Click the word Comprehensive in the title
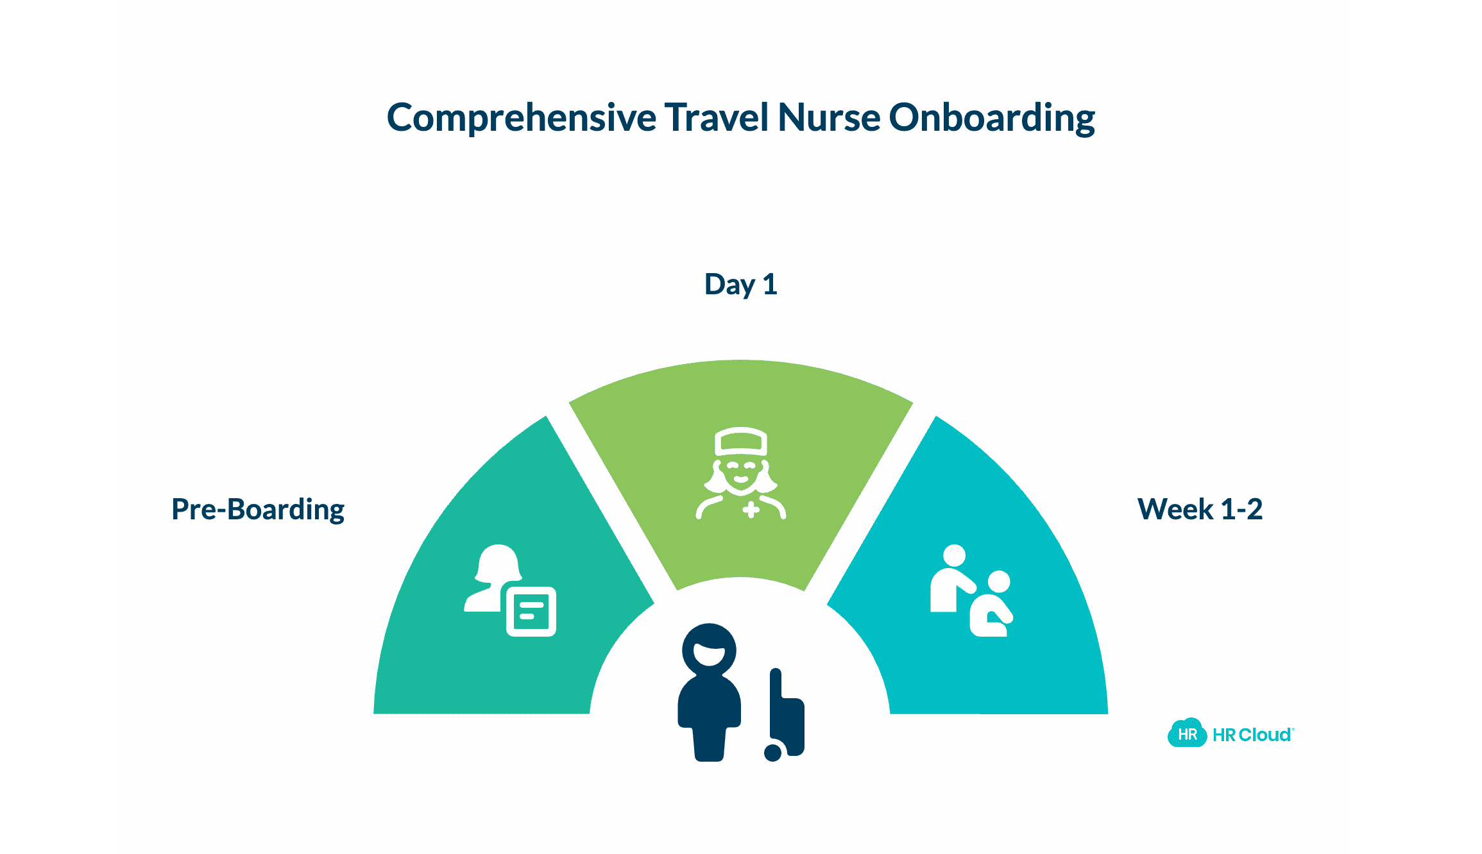(x=521, y=119)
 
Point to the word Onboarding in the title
(x=991, y=119)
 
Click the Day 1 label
(x=740, y=284)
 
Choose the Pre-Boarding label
(x=258, y=510)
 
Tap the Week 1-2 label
(x=1200, y=510)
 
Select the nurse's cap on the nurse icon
(x=741, y=441)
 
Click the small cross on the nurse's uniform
(x=751, y=510)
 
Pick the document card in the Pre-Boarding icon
(x=531, y=611)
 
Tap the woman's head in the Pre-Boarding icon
(x=498, y=562)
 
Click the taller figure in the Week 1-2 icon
(x=950, y=577)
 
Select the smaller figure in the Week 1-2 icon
(x=991, y=606)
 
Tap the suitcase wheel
(x=773, y=752)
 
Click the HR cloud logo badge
(x=1187, y=734)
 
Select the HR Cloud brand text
(x=1252, y=735)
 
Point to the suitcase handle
(x=776, y=683)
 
